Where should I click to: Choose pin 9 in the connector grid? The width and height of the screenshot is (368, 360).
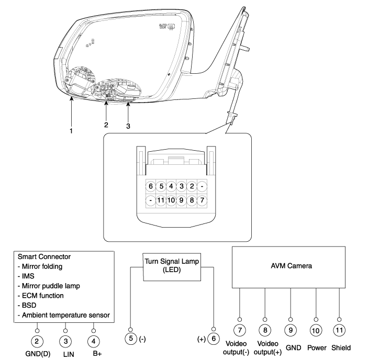[181, 200]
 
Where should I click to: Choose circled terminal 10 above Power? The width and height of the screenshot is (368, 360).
[316, 332]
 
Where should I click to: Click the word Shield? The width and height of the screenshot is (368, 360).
[341, 347]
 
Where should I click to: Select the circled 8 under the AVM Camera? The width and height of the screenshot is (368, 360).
[265, 332]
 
